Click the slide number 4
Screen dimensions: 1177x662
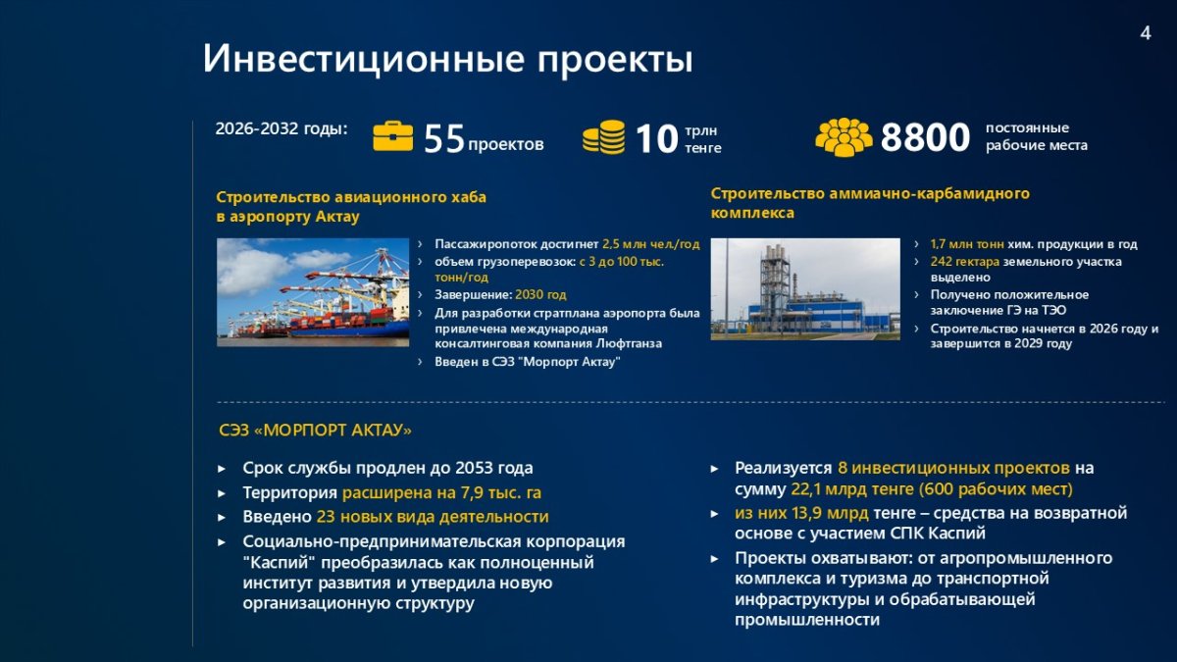pyautogui.click(x=1146, y=33)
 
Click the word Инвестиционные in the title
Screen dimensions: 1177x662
pyautogui.click(x=364, y=58)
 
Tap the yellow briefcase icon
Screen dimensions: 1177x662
pyautogui.click(x=392, y=136)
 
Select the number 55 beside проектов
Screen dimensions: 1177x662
pyautogui.click(x=444, y=138)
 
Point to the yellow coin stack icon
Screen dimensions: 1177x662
pyautogui.click(x=604, y=137)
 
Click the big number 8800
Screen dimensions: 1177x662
pyautogui.click(x=925, y=137)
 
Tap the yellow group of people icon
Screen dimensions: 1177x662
pyautogui.click(x=844, y=137)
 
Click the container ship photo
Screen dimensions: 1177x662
pyautogui.click(x=313, y=292)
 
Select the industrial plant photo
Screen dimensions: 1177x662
pyautogui.click(x=805, y=289)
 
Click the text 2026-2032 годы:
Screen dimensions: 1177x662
pyautogui.click(x=281, y=128)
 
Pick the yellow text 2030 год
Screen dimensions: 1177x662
pyautogui.click(x=540, y=294)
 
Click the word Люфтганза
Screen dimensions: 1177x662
pyautogui.click(x=629, y=343)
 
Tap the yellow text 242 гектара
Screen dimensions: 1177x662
pyautogui.click(x=965, y=261)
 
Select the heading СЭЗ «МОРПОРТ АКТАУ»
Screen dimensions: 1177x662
pyautogui.click(x=315, y=431)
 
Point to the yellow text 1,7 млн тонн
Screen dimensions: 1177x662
pyautogui.click(x=967, y=244)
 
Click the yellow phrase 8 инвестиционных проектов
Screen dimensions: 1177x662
pyautogui.click(x=953, y=468)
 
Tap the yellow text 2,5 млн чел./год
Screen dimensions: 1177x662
pyautogui.click(x=651, y=244)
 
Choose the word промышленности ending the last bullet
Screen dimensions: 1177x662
pyautogui.click(x=807, y=620)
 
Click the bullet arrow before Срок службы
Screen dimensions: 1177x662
pyautogui.click(x=222, y=468)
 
